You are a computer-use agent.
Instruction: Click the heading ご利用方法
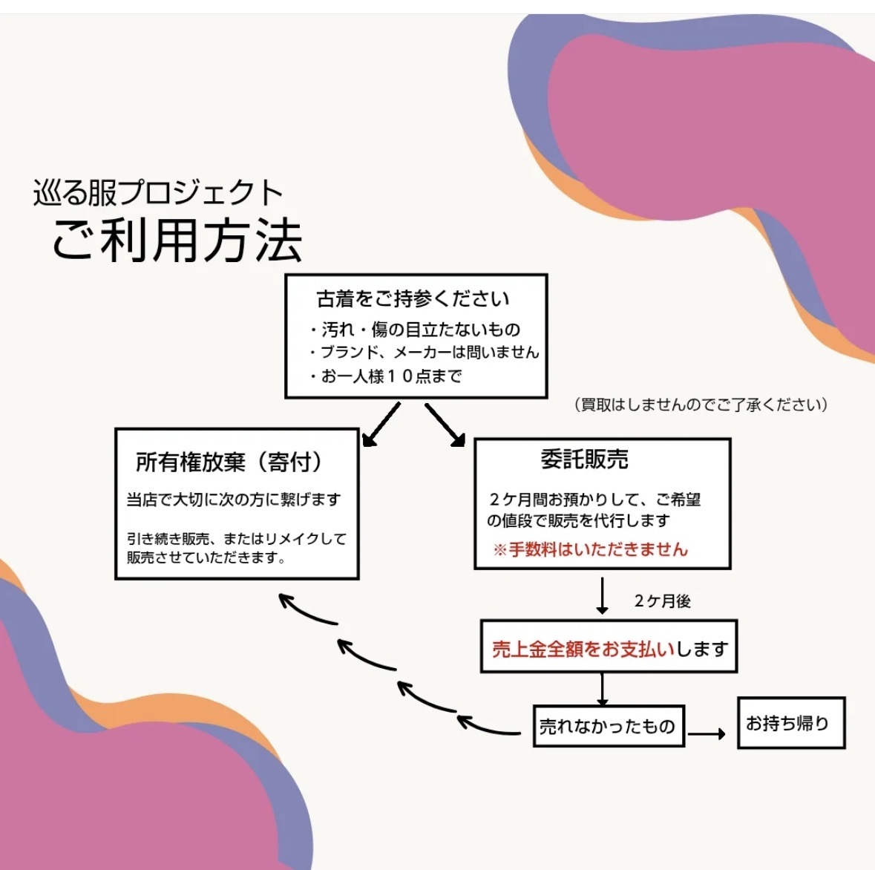[177, 241]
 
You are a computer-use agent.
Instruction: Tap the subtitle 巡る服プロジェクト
[158, 193]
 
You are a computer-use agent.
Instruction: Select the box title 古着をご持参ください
[413, 298]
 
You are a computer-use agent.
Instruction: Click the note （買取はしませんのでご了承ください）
[700, 405]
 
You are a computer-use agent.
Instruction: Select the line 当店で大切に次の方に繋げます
[234, 500]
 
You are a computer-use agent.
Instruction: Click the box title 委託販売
[584, 459]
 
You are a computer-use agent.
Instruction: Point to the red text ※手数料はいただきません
[591, 550]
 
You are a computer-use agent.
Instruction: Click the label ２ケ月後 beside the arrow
[662, 601]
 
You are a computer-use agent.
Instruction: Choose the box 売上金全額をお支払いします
[609, 648]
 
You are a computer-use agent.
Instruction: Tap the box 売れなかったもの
[608, 726]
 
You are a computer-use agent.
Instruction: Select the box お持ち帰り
[790, 723]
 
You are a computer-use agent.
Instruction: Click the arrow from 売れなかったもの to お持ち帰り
[706, 734]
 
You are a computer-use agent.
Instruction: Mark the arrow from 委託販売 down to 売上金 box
[602, 595]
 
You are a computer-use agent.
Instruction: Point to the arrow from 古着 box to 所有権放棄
[381, 425]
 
